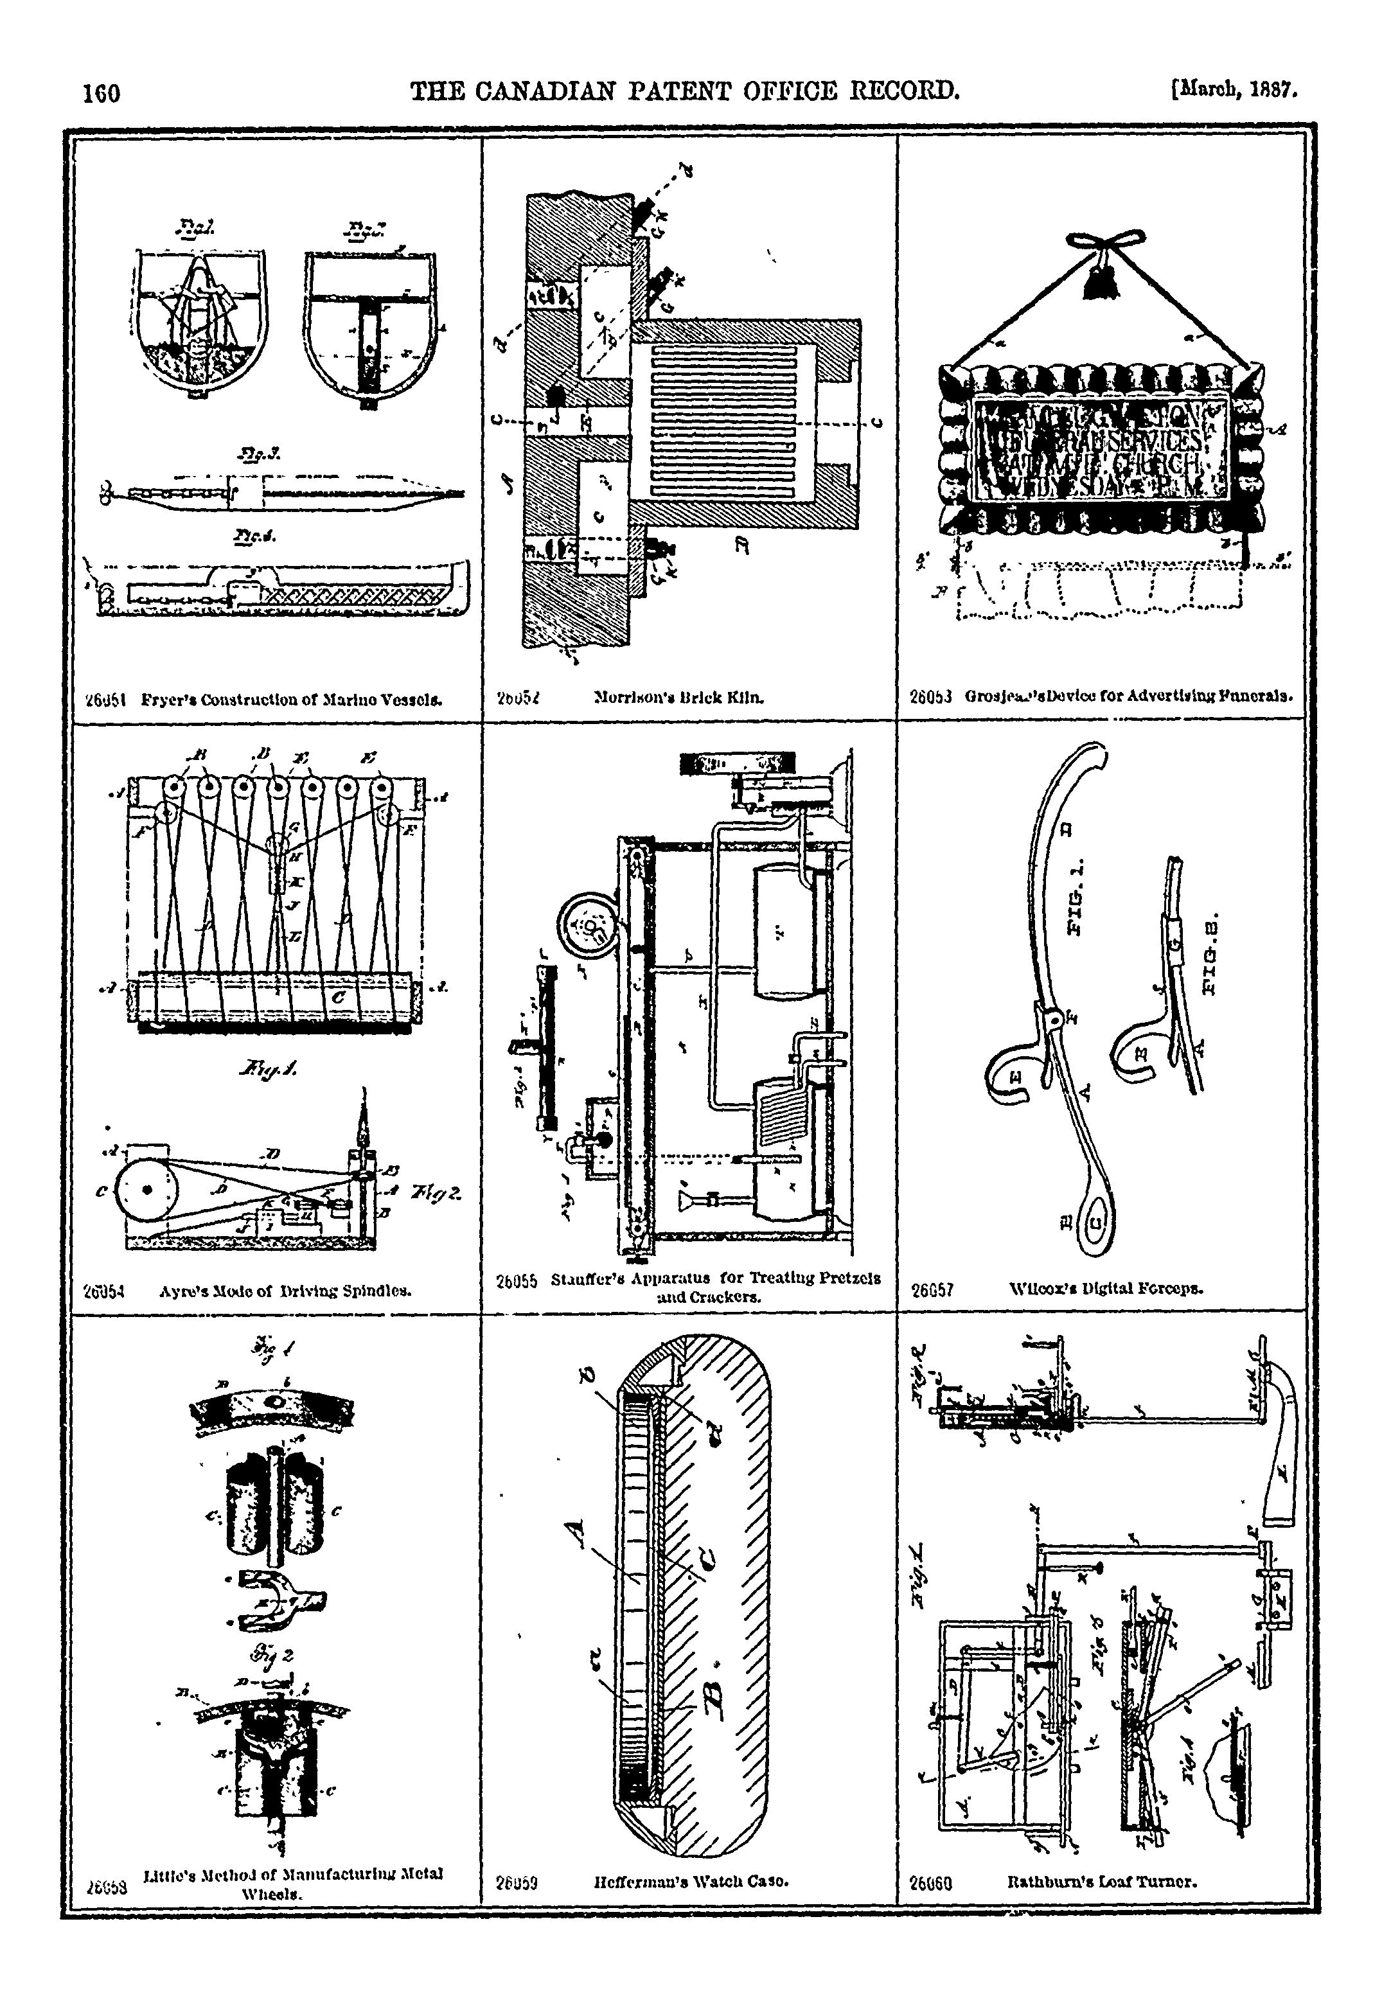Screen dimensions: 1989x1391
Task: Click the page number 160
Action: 102,93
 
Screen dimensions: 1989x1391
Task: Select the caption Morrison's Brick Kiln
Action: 679,696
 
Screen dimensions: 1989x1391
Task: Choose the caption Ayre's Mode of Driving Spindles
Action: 285,1291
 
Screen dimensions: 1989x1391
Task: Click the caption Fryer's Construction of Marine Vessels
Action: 291,698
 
